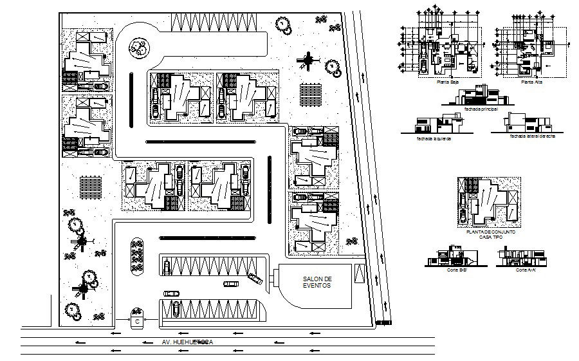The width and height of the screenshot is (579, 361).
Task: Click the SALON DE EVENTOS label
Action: (x=316, y=281)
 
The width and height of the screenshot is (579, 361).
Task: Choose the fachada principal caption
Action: (x=477, y=109)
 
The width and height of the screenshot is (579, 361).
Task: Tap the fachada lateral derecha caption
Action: (x=529, y=136)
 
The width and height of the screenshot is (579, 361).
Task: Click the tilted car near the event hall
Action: (x=255, y=278)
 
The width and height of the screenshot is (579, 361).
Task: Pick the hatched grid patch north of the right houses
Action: (x=310, y=93)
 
